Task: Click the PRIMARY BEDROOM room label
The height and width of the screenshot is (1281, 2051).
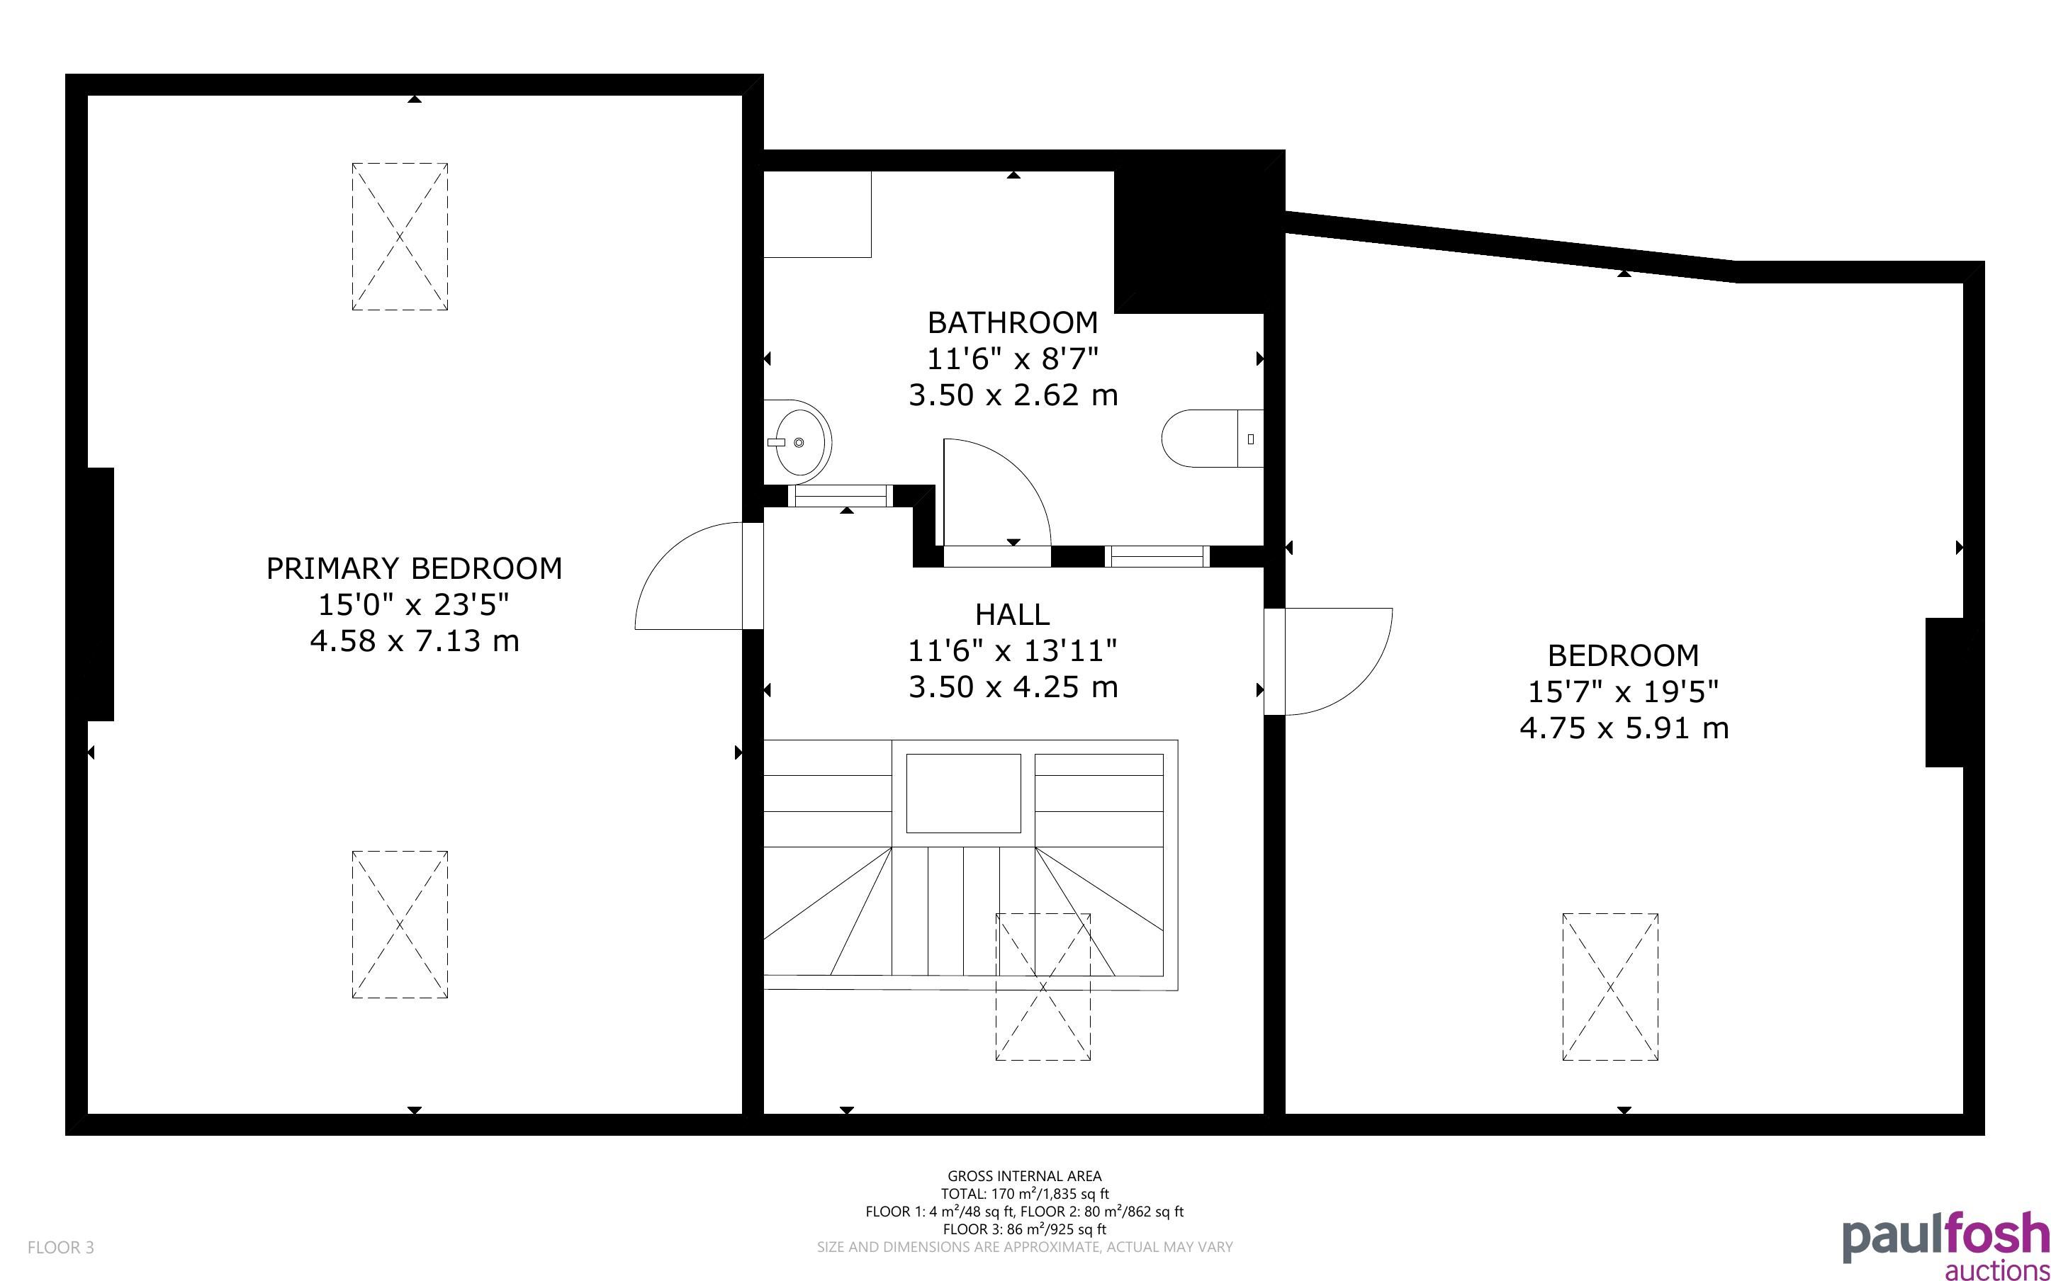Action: pos(415,568)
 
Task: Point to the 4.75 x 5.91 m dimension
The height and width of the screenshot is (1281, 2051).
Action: pos(1624,728)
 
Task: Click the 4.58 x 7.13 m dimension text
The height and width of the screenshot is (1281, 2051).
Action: pos(415,641)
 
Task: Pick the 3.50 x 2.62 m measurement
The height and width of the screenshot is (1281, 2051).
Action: pos(1013,395)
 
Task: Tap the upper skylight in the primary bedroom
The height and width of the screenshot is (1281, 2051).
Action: pos(400,237)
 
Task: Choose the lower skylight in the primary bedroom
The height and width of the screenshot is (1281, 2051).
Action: pos(400,925)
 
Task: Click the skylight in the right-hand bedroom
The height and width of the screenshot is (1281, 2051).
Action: pos(1610,987)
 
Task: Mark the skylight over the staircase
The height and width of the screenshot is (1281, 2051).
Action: pos(1043,987)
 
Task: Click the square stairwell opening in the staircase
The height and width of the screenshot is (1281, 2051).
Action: pos(963,794)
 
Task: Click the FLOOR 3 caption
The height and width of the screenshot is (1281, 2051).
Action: pos(61,1248)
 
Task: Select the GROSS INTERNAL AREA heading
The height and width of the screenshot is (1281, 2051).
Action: pos(1024,1176)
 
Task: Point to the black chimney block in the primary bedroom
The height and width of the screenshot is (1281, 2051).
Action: pos(101,594)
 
